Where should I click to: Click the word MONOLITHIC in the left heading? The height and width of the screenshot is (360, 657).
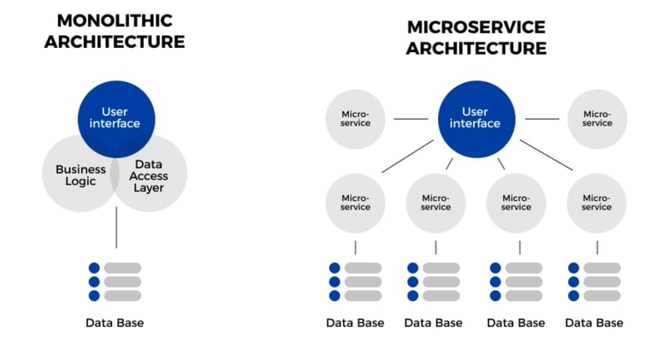click(115, 21)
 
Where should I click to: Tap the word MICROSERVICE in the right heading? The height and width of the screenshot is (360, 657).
click(476, 27)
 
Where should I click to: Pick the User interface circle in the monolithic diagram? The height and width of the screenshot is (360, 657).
click(116, 119)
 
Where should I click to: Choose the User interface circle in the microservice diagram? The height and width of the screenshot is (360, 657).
click(476, 119)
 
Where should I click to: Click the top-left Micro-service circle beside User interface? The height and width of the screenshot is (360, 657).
click(355, 119)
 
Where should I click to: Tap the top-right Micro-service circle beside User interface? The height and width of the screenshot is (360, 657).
click(597, 119)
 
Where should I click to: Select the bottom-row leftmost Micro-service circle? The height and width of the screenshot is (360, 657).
click(355, 203)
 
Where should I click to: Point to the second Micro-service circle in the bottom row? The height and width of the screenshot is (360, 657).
click(435, 203)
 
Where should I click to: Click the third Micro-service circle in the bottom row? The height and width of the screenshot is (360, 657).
click(516, 203)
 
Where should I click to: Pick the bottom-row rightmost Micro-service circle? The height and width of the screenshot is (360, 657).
click(596, 203)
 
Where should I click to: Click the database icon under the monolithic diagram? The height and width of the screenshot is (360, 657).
click(115, 281)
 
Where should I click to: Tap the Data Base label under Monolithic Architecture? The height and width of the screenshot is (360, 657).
click(115, 322)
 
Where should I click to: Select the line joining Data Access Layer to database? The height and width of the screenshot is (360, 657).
click(116, 227)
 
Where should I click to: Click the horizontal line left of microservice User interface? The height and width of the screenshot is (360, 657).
click(411, 119)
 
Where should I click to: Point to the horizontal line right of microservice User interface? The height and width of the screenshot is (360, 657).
click(542, 119)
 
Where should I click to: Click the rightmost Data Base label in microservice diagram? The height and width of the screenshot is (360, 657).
click(595, 322)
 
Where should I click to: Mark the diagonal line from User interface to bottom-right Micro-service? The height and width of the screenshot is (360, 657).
click(547, 155)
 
